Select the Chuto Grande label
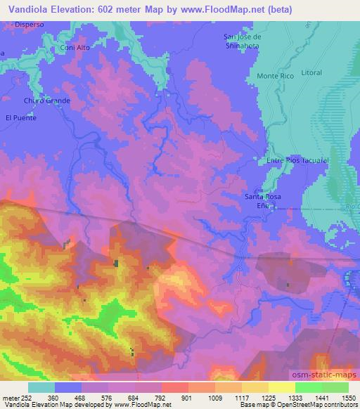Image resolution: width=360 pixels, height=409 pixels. point(47,100)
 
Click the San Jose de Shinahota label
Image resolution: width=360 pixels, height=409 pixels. point(242,41)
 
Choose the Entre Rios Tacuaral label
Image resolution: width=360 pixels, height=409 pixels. point(298,160)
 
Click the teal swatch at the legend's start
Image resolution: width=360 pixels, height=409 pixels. point(41,387)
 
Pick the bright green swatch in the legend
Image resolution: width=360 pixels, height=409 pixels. point(309,387)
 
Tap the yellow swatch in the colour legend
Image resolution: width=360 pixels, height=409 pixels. point(282,387)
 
